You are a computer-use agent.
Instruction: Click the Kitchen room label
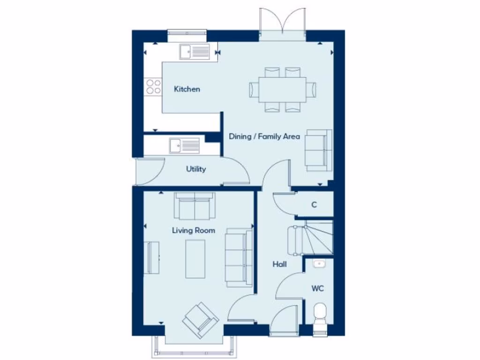coord(187,89)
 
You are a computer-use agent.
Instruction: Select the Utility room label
coord(196,169)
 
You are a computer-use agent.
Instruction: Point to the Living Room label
coord(194,230)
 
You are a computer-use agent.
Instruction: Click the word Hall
coord(279,264)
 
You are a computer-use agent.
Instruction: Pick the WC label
coord(317,288)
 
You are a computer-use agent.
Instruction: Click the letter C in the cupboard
coord(314,205)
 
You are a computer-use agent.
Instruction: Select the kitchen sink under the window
coord(194,51)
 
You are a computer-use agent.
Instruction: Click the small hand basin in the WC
coord(319,264)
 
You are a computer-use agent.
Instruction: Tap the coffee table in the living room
coord(195,259)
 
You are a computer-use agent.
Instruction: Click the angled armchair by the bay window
coord(201,320)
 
